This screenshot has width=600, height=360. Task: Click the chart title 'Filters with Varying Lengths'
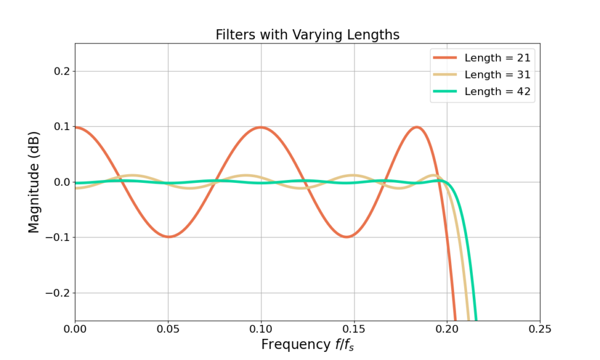(x=307, y=35)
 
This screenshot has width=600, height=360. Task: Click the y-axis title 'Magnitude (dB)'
(x=34, y=182)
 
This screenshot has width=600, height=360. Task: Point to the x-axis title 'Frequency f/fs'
(x=307, y=345)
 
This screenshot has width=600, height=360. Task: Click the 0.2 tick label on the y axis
(x=59, y=72)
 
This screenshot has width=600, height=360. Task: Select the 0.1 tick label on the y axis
(x=59, y=127)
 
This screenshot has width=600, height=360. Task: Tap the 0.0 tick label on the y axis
(x=59, y=182)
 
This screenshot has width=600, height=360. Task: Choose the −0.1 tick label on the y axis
(x=55, y=237)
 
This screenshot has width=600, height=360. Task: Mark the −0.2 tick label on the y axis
(x=55, y=293)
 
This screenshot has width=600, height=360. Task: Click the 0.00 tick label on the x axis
(x=75, y=329)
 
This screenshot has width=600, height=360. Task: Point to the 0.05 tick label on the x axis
(x=168, y=329)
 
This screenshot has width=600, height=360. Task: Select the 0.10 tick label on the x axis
(x=261, y=329)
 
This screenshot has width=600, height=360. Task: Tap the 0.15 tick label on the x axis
(x=354, y=329)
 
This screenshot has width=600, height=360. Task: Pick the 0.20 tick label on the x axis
(x=447, y=329)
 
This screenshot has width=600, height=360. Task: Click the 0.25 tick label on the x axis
(x=540, y=329)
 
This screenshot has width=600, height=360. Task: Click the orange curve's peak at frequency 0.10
(x=261, y=127)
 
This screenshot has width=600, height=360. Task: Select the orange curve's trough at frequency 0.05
(x=168, y=237)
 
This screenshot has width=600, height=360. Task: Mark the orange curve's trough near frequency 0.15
(x=347, y=237)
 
